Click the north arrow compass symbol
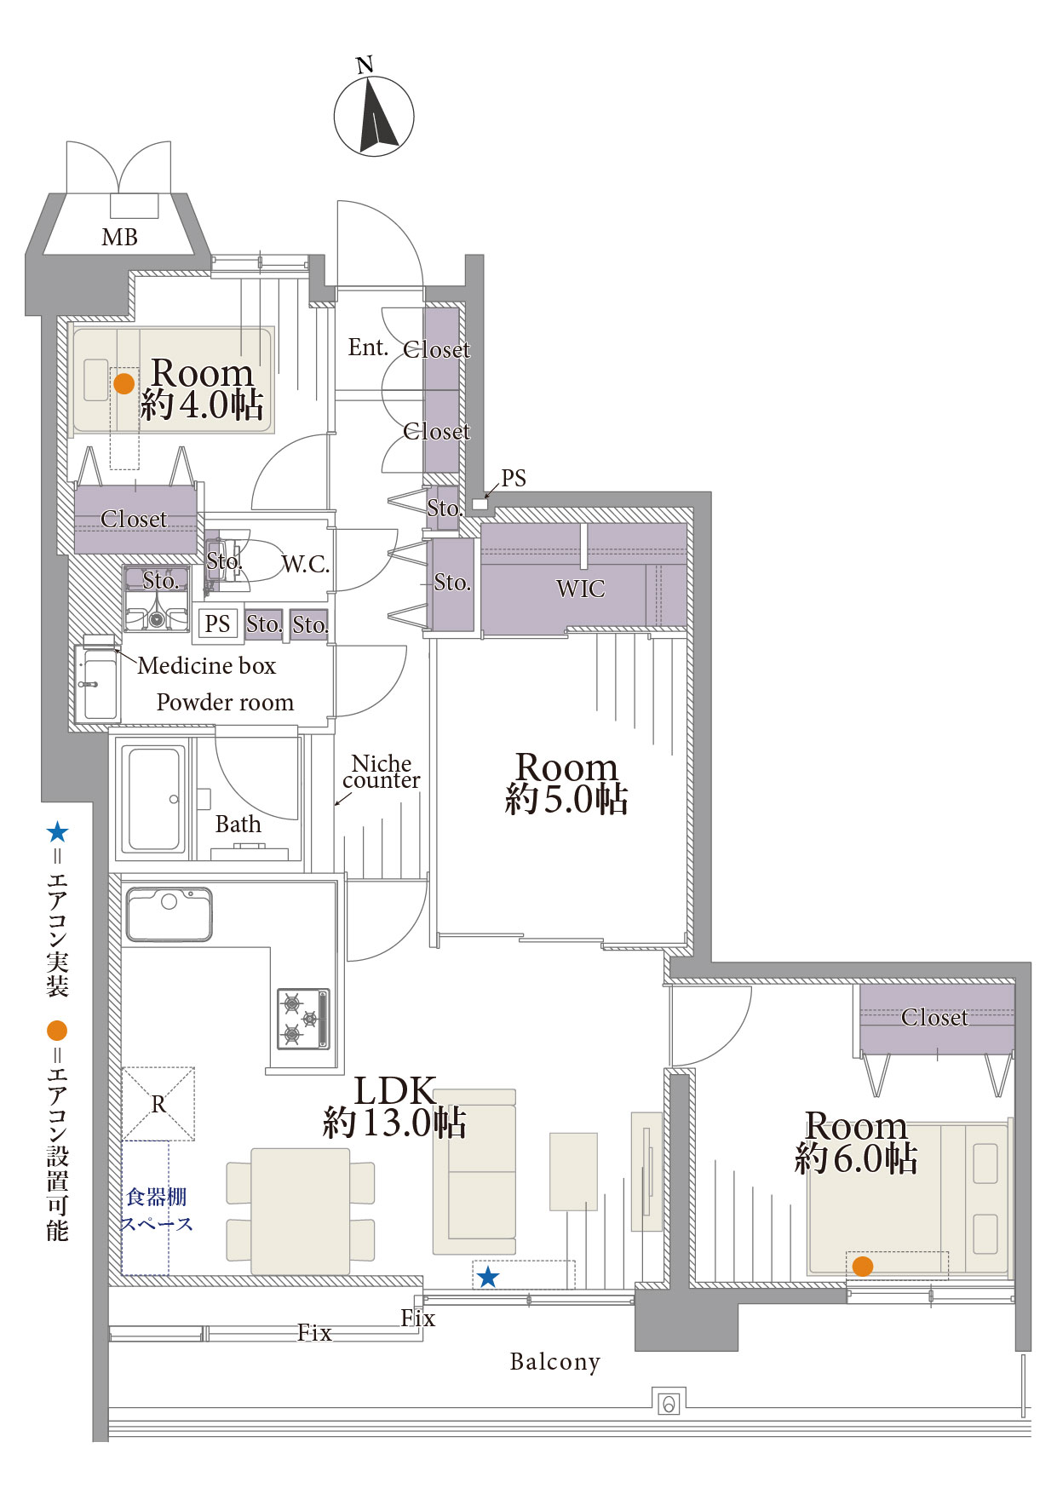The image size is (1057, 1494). pos(373,116)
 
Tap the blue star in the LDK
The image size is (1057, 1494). pos(488,1277)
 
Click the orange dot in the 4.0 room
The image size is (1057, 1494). pos(124,383)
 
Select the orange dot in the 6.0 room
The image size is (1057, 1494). pos(863,1266)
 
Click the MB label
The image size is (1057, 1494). pos(119,238)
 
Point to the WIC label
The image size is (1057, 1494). pos(581,589)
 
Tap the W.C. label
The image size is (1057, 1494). pos(306,564)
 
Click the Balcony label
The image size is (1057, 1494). pos(555,1362)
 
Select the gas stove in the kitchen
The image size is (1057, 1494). pos(303,1019)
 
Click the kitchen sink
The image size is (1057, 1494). pos(169,914)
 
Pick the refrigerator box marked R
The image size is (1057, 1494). pos(158,1104)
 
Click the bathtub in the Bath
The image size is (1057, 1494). pos(155,799)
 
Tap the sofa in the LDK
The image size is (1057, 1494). pos(474,1171)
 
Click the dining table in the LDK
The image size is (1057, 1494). pos(301,1210)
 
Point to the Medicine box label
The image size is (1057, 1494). pos(207,665)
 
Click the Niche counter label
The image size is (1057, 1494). pos(382,772)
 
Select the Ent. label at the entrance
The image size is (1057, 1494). pos(368,348)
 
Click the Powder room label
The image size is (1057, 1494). pos(225,703)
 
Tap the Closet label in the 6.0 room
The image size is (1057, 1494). pos(934,1017)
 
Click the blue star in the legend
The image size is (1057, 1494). pos(57,832)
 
